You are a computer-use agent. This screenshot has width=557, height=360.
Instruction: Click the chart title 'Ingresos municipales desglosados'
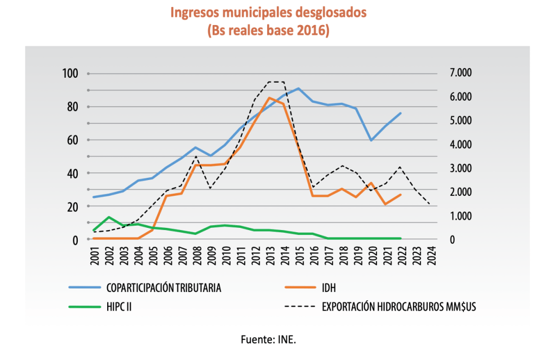(269, 13)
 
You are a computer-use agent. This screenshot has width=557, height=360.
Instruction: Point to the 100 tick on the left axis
(72, 73)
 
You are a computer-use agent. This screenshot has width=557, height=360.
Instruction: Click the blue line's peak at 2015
(298, 88)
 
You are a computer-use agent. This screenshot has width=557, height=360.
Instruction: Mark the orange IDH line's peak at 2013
(269, 98)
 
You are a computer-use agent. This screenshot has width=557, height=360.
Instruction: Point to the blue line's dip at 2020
(371, 140)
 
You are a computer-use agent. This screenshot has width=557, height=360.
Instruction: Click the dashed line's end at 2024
(430, 204)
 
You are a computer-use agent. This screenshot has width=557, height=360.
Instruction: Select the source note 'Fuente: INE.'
(269, 339)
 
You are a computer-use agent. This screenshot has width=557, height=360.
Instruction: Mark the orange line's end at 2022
(400, 195)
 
